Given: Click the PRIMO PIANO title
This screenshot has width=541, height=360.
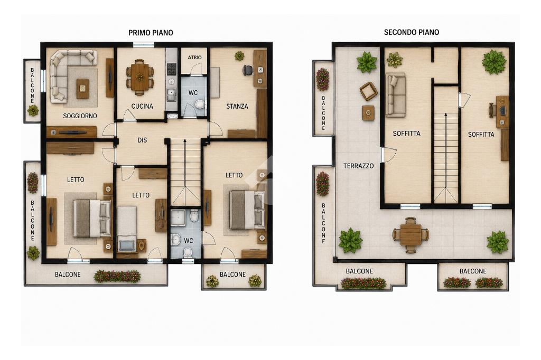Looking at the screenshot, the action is (x=151, y=33).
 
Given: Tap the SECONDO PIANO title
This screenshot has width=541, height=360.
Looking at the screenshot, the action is (x=411, y=32).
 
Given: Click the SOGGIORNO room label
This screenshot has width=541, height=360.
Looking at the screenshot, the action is (x=80, y=116).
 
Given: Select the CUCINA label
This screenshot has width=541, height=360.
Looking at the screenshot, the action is (x=142, y=106).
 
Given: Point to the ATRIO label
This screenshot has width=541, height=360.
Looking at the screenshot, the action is (x=194, y=58).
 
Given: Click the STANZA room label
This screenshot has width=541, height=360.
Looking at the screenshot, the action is (x=237, y=106).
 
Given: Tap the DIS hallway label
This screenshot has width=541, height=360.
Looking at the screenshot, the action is (x=142, y=140).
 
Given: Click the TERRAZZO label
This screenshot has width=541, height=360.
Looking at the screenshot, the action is (x=359, y=166).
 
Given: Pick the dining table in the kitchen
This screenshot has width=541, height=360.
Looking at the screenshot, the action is (x=139, y=77).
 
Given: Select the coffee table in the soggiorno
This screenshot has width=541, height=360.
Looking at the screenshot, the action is (x=82, y=89).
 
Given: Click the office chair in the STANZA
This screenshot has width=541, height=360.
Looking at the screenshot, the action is (x=247, y=70).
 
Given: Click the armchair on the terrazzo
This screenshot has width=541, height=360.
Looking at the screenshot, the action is (x=368, y=91).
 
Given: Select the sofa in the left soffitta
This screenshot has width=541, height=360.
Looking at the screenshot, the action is (x=395, y=94).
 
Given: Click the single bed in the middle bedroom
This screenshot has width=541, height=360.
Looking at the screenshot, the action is (x=127, y=229).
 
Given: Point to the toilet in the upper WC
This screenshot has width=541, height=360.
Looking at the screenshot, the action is (x=200, y=105).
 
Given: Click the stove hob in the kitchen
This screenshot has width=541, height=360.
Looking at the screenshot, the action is (x=172, y=69).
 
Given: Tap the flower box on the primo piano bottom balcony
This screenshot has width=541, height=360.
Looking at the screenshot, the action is (x=117, y=276).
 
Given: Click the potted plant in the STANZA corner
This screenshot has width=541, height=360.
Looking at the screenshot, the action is (x=239, y=56).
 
